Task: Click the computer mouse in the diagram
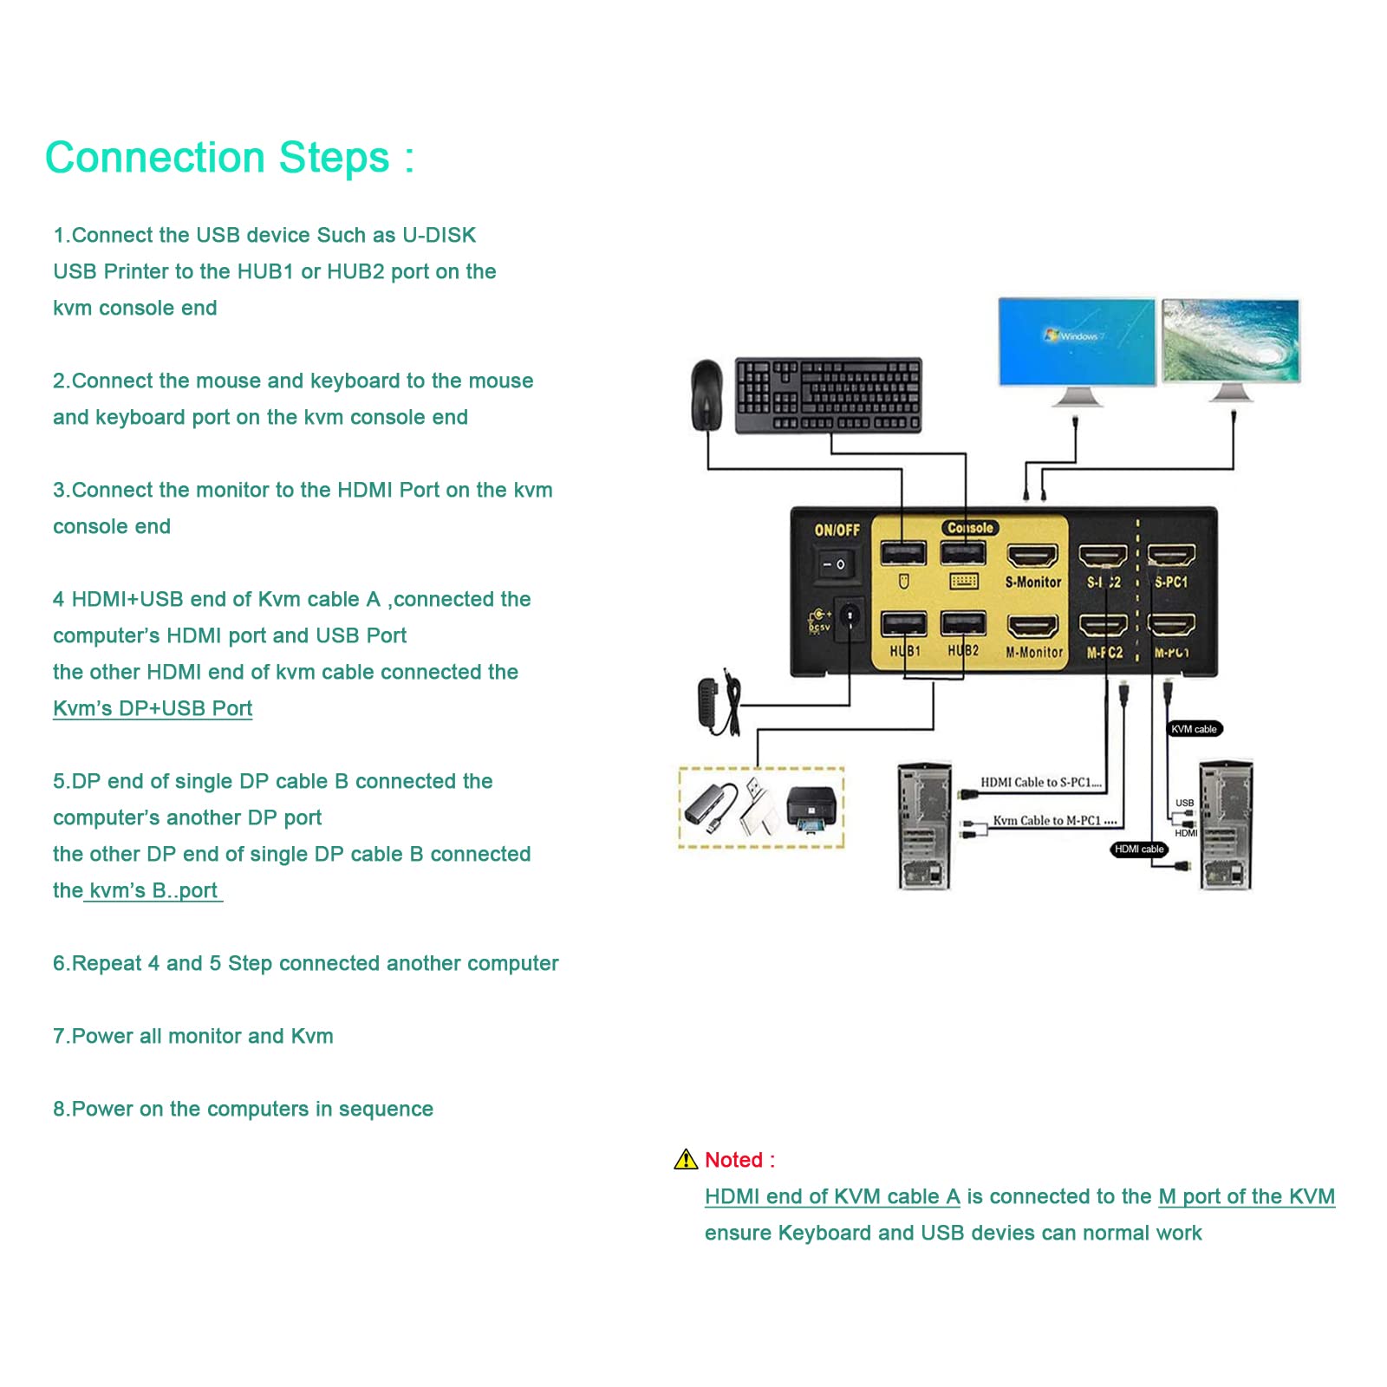(707, 394)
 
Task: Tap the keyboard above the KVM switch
(829, 395)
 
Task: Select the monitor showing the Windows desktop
(1077, 342)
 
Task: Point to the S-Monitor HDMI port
(1032, 556)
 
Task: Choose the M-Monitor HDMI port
(1032, 626)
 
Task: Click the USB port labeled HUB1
(903, 624)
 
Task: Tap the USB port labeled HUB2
(963, 624)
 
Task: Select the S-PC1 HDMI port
(1171, 556)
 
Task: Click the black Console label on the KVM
(970, 528)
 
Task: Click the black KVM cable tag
(1194, 729)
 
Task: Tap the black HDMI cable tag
(1139, 849)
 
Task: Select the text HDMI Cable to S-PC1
(1040, 782)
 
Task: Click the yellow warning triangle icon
(686, 1159)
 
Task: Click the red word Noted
(733, 1160)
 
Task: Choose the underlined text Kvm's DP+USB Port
(153, 708)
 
